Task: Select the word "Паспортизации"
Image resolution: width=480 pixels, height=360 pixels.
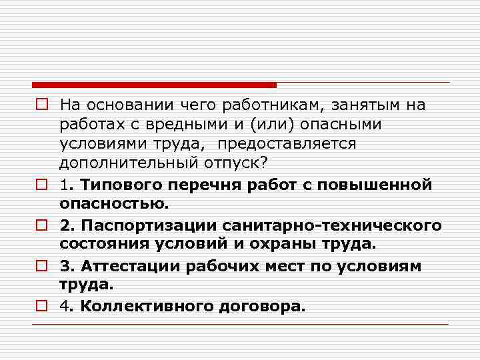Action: pos(146,225)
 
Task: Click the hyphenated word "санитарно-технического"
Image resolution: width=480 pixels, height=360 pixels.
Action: pos(331,225)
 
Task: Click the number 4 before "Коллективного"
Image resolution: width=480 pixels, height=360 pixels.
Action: pos(64,307)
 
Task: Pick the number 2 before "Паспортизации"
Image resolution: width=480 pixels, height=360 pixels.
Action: pos(64,225)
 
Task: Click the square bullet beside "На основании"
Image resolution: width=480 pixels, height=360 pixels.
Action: pos(41,105)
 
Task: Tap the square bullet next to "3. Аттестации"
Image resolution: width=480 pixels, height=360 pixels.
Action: pos(41,267)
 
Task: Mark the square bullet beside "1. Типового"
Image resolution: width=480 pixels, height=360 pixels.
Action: pos(41,184)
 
